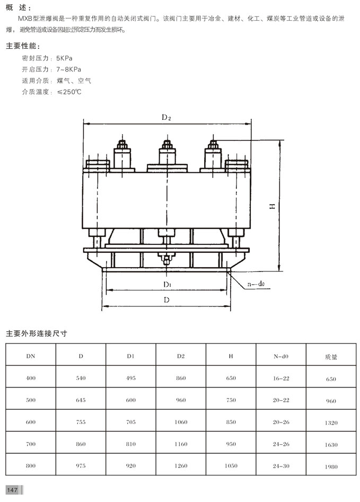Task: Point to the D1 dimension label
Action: [167, 284]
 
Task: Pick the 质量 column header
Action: [331, 357]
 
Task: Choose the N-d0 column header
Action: [281, 356]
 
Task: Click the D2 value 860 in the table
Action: [181, 378]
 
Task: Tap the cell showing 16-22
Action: [281, 378]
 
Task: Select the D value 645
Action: [81, 400]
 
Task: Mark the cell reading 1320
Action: [331, 422]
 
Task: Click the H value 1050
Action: [231, 465]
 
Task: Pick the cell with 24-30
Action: [281, 465]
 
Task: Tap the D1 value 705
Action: [130, 422]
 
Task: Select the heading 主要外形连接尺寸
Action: [36, 334]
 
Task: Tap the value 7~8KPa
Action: [69, 69]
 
